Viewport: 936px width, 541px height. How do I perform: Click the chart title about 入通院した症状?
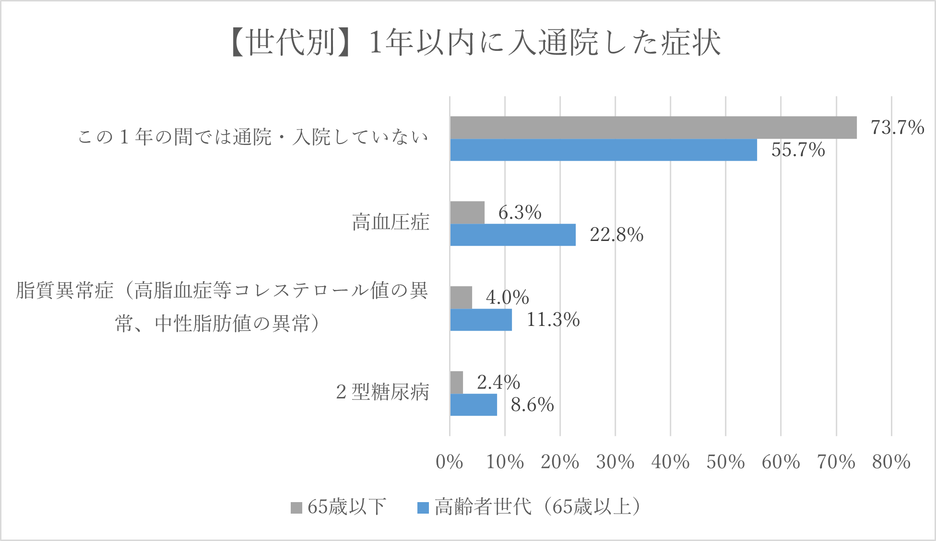475,42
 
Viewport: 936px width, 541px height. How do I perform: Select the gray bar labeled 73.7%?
653,128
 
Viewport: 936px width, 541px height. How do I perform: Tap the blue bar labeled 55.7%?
603,150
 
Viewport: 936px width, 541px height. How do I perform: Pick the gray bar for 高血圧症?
467,213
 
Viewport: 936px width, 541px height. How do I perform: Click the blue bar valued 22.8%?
513,235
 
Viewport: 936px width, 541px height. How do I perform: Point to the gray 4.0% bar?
461,298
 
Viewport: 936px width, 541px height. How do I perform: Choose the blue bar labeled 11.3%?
481,320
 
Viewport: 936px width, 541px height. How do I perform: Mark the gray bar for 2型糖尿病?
457,383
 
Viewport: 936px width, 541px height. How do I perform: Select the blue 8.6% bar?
474,405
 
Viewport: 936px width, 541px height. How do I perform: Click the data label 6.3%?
520,212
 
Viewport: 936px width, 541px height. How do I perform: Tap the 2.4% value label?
498,382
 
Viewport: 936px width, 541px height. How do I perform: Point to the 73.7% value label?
897,127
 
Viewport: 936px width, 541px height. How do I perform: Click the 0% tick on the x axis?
449,462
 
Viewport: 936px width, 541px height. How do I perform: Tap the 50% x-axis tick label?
725,462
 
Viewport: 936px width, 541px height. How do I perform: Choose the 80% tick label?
891,462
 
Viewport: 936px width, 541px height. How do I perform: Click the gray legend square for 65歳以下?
296,507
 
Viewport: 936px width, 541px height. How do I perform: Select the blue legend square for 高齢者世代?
423,507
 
